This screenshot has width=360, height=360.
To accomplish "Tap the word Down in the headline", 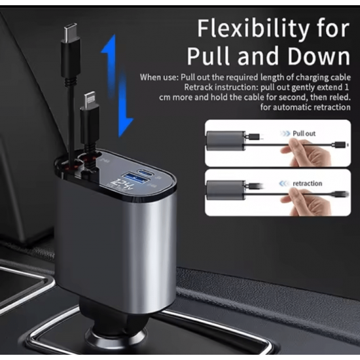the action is tap(319, 56).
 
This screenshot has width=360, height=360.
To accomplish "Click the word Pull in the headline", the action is tap(208, 56).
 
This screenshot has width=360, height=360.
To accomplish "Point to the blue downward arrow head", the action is tap(125, 127).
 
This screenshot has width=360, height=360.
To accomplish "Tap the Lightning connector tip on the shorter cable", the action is tap(89, 98).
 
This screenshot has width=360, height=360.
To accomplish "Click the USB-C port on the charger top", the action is tap(146, 171).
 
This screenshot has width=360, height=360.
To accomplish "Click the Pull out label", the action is tap(304, 134).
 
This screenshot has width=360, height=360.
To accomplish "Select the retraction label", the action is tap(307, 183).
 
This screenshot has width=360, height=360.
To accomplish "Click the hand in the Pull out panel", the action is tap(306, 152).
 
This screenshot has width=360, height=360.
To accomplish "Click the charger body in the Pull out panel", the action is tap(226, 140).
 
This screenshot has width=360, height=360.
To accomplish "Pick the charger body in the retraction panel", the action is tap(226, 190).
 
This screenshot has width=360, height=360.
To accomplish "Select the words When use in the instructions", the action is tap(159, 77).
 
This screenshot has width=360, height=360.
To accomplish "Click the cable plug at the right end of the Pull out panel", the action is tap(340, 145).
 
